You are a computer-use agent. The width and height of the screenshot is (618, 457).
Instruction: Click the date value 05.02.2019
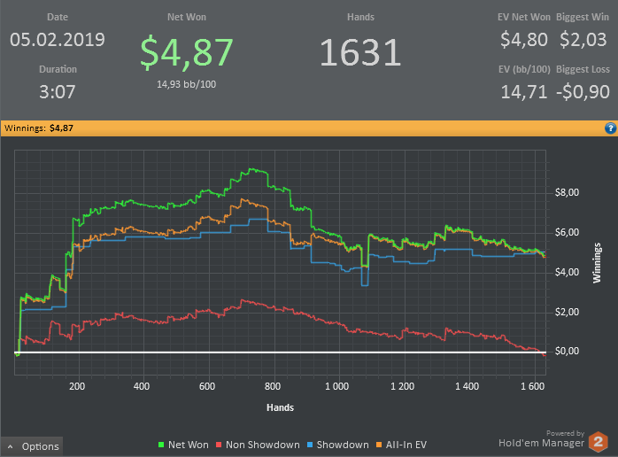coord(58,40)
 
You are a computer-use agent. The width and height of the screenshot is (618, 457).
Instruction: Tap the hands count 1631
coord(360,52)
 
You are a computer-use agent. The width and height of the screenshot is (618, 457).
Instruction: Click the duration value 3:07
coord(58,91)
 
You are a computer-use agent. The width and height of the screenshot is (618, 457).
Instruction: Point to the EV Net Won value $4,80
coord(524,40)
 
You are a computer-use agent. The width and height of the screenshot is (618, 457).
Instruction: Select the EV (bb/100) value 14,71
coord(524,91)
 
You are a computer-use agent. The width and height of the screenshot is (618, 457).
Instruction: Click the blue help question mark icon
coord(610,128)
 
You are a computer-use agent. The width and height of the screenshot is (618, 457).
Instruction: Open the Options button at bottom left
coord(33,446)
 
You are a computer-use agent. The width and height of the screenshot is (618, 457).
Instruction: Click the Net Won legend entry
coord(184,445)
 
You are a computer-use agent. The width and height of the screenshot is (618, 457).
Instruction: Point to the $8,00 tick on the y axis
coord(567,192)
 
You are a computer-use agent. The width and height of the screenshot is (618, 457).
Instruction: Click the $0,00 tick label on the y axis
coord(567,352)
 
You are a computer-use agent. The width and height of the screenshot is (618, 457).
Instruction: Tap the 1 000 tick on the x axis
coord(336,387)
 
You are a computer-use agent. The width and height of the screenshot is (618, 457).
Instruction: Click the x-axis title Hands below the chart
coord(281,407)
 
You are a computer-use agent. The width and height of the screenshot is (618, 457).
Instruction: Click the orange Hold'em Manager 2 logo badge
coord(599,440)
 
